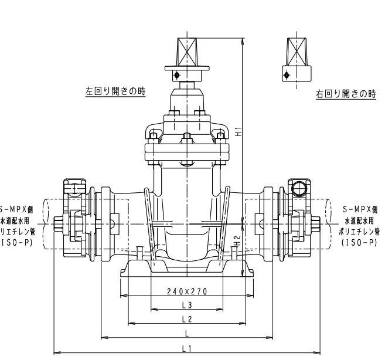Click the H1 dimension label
[239, 132]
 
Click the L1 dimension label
[187, 348]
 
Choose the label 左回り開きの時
[115, 91]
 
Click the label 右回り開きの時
[345, 94]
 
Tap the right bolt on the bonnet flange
[221, 138]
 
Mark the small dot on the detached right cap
[286, 74]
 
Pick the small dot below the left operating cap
[175, 74]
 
